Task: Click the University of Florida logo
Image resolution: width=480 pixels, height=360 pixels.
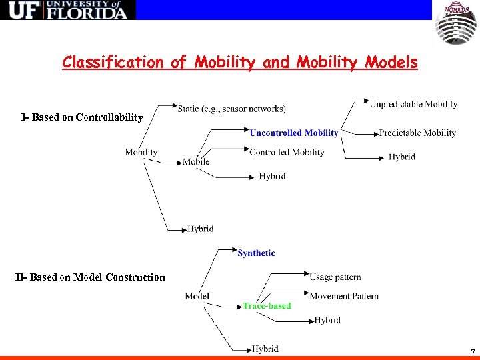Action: (x=67, y=10)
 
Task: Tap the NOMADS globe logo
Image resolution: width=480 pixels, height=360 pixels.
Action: (x=456, y=24)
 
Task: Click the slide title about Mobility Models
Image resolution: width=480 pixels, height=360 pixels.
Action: (x=240, y=63)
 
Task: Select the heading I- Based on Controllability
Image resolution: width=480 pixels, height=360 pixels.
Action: (x=82, y=117)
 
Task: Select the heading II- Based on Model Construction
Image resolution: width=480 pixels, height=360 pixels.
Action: (x=90, y=277)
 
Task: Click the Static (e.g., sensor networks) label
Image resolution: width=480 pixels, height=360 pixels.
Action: (x=232, y=108)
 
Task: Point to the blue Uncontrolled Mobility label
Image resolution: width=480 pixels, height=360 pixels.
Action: (x=294, y=133)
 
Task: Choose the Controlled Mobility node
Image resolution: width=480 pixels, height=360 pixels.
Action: (x=287, y=152)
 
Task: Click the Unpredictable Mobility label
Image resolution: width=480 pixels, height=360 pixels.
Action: (x=413, y=104)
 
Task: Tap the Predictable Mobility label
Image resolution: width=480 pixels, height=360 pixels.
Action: (x=417, y=133)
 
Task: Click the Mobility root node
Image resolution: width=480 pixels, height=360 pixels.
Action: (x=141, y=152)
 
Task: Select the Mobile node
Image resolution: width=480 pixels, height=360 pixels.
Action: (x=196, y=161)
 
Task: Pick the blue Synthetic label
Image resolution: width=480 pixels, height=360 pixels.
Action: (x=256, y=253)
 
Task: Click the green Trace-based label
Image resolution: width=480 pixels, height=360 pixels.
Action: (x=267, y=306)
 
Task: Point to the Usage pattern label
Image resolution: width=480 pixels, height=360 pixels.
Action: (x=335, y=277)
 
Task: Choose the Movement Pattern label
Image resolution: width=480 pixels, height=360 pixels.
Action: (x=344, y=296)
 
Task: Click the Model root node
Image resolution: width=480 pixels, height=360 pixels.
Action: (x=197, y=296)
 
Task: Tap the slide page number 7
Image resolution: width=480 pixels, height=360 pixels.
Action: (x=473, y=351)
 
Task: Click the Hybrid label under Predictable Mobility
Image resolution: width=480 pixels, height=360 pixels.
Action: (x=402, y=157)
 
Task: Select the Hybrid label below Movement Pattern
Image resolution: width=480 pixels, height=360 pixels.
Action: (x=327, y=320)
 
